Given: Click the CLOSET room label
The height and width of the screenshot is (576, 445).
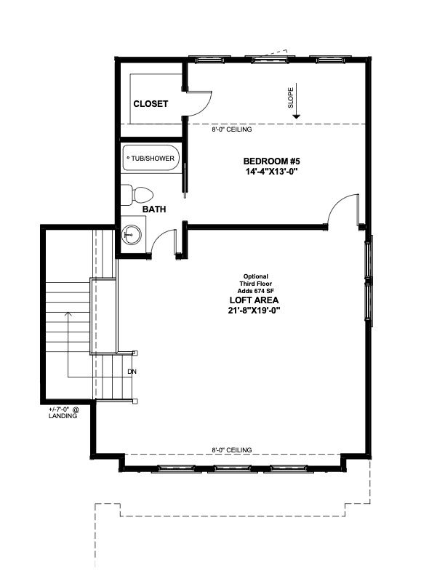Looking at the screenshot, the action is coord(151,104).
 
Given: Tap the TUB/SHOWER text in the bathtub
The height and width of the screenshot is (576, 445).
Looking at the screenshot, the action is coord(153,159).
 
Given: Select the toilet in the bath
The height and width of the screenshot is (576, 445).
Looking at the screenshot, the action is coord(137,195).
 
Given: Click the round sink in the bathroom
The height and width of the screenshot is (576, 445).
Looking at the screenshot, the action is coord(132,235).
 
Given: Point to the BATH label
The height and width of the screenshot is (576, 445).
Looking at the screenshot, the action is coord(154,209).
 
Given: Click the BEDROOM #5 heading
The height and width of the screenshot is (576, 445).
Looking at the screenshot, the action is coord(272,161).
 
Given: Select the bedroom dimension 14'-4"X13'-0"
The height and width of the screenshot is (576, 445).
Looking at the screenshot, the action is coord(272,171).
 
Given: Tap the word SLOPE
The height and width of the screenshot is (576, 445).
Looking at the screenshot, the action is coord(291,97).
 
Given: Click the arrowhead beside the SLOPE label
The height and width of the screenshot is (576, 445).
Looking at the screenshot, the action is coord(296,116).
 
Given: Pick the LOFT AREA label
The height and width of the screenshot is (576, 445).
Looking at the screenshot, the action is coord(254,300).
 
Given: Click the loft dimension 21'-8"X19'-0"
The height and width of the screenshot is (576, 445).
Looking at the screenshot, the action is coord(254,311).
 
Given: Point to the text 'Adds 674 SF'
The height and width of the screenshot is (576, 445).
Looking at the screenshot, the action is coord(255,291).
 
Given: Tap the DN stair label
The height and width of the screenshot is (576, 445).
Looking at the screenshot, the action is coord(132,372).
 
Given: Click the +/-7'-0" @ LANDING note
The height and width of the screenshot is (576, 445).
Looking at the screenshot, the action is coord(64,412).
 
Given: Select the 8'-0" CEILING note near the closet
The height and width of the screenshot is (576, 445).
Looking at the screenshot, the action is coord(232,129).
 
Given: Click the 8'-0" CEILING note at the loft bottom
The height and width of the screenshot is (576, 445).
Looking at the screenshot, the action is coord(232,450).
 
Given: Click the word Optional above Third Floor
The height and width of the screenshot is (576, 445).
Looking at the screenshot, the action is coord(255,276).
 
